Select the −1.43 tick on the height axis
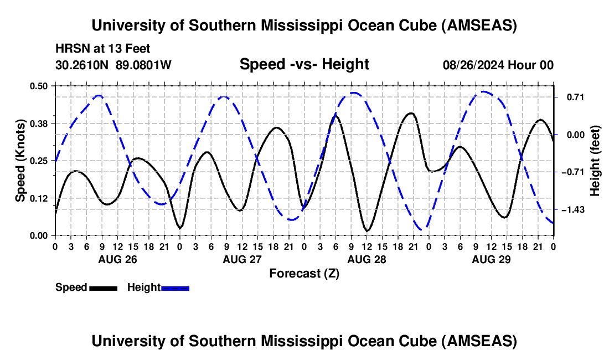[x=572, y=210]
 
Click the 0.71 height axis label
[x=575, y=97]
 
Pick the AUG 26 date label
[x=118, y=259]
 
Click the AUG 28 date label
[x=367, y=259]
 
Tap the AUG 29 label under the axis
[x=491, y=259]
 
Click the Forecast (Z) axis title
[x=304, y=274]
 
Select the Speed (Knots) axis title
[x=20, y=161]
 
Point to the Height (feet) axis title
[x=595, y=161]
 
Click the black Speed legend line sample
[x=104, y=288]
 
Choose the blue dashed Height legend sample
[x=175, y=288]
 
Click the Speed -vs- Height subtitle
[x=304, y=64]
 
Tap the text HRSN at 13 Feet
[x=103, y=49]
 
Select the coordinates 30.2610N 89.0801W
[x=113, y=65]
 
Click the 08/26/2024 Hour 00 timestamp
[x=498, y=65]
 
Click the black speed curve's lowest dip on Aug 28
[x=367, y=231]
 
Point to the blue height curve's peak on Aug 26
[x=100, y=95]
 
